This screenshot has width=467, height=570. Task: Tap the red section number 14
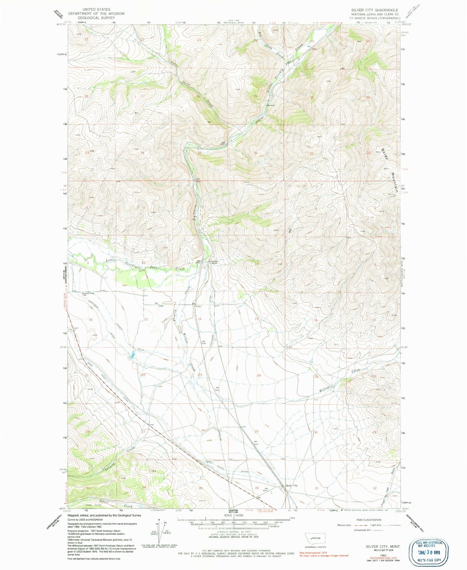point(200,319)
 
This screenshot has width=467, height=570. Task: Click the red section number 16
point(90,320)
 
